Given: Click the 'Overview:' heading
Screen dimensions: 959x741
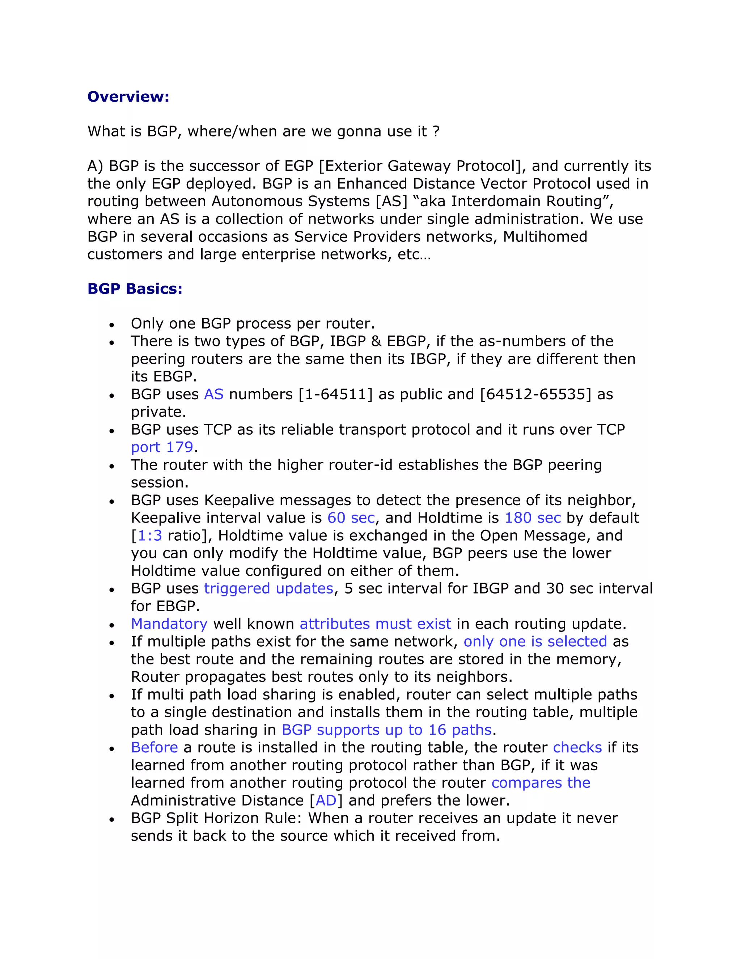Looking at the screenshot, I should (128, 96).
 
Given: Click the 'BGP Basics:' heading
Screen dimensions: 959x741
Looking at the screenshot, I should (135, 288).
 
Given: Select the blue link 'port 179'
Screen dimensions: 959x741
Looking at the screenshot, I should (162, 447).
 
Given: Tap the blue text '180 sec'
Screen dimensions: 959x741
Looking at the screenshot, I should (533, 518).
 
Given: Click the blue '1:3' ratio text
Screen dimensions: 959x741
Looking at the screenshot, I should (150, 535).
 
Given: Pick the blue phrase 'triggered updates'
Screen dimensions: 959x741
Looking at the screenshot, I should (269, 588).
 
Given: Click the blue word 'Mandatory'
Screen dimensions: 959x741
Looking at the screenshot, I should (169, 624).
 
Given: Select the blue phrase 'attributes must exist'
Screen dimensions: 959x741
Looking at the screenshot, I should (375, 624).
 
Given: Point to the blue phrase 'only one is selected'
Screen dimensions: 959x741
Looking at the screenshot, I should (535, 641).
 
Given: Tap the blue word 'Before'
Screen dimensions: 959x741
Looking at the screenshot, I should (154, 747).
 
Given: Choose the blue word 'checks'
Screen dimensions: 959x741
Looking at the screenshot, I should (577, 747).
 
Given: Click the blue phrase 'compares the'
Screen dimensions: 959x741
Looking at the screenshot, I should (541, 782).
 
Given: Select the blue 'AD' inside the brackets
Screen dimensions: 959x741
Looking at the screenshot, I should (326, 800).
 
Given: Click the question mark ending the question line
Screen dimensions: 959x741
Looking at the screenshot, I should (436, 131).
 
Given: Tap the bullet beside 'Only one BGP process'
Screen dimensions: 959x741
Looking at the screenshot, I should (112, 325).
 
